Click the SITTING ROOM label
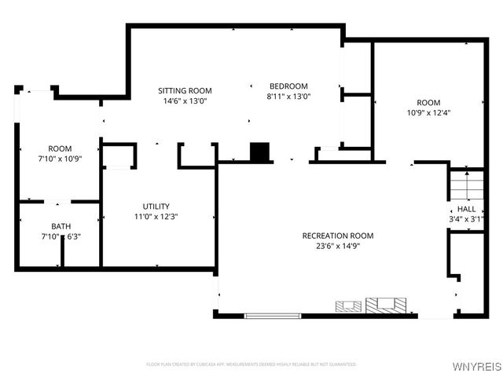[x=185, y=91]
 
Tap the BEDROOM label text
[x=288, y=86]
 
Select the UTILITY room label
[x=156, y=207]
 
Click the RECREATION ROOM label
[x=338, y=236]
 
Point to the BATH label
[x=61, y=227]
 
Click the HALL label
[x=466, y=210]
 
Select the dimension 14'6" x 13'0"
[x=185, y=101]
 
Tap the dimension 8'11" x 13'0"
[x=288, y=97]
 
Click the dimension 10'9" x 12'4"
[x=428, y=112]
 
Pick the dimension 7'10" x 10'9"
[x=61, y=159]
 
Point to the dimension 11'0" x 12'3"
[x=156, y=217]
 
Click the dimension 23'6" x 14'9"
[x=338, y=246]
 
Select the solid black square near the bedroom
[x=259, y=152]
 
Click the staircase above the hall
[x=464, y=185]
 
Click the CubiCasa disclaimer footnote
[x=251, y=364]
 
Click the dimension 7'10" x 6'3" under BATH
[x=61, y=236]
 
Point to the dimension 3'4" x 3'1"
[x=466, y=219]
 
